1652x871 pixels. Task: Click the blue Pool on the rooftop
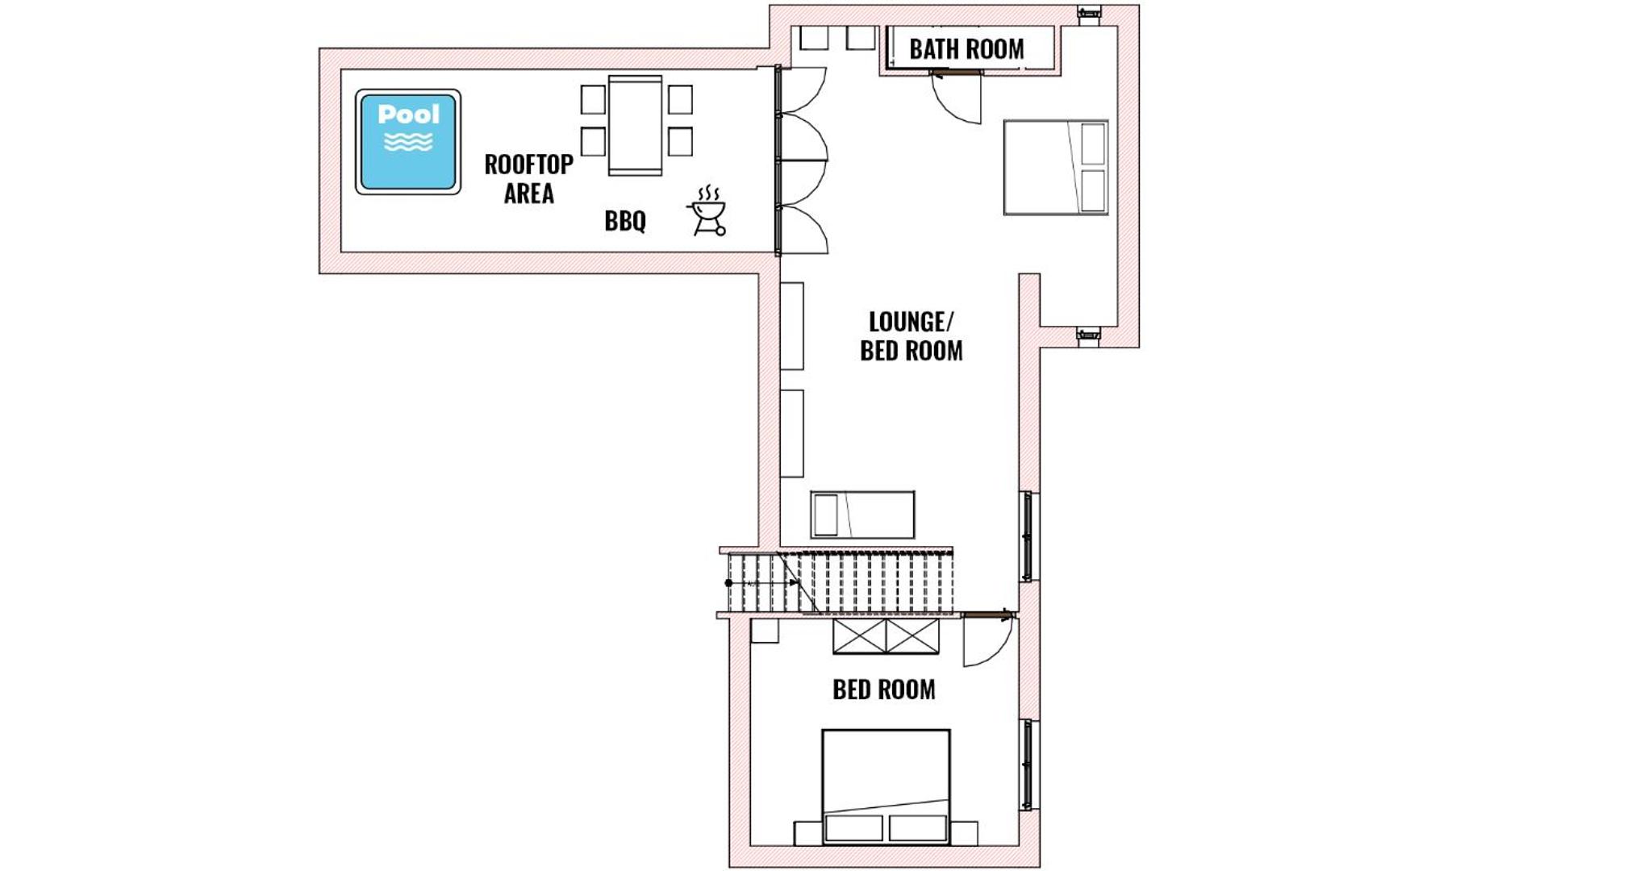[x=408, y=142]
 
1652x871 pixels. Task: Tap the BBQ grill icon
[x=707, y=211]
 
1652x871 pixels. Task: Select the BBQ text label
[x=625, y=220]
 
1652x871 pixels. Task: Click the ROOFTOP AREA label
[x=528, y=178]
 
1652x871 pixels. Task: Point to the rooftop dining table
[x=635, y=125]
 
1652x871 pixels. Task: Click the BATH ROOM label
[x=966, y=49]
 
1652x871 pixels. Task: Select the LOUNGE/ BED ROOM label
[x=911, y=335]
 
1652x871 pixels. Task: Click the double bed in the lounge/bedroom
[x=1056, y=168]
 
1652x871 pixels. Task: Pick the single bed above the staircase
[x=862, y=515]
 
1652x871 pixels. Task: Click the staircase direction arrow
[x=762, y=582]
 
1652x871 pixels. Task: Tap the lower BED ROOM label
[x=884, y=690]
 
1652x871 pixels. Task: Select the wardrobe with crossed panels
[x=886, y=636]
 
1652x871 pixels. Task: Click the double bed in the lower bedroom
[x=886, y=787]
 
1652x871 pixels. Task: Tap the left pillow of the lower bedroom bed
[x=854, y=828]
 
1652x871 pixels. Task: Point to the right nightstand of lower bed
[x=964, y=833]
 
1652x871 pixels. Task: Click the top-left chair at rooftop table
[x=593, y=99]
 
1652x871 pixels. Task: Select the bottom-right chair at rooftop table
[x=680, y=142]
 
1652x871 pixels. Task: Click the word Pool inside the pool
[x=409, y=115]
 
